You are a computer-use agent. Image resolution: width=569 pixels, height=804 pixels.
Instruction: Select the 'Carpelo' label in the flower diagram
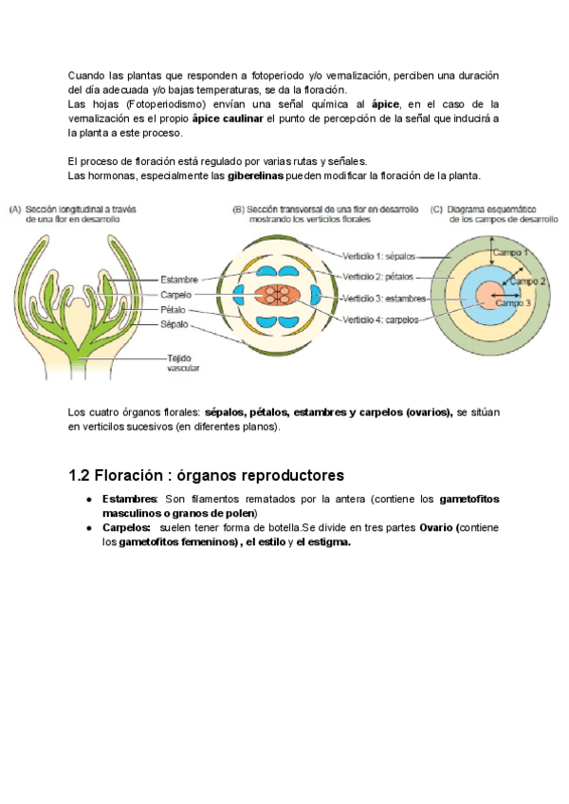176,295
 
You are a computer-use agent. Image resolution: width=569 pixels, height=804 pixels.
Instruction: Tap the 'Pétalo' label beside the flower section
174,310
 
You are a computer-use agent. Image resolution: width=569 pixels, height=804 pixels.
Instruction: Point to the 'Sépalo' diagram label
174,324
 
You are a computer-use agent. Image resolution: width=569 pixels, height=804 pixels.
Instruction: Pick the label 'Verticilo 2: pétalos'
377,277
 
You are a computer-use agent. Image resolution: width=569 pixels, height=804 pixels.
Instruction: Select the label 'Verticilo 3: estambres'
384,299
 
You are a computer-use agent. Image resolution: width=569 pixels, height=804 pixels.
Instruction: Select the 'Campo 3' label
514,302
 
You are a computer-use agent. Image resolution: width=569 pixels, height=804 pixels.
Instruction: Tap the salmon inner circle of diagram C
489,295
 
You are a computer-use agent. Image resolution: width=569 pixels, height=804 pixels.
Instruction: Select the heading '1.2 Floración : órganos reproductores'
206,474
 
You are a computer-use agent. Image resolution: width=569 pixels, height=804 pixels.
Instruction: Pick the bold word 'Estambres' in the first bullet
130,499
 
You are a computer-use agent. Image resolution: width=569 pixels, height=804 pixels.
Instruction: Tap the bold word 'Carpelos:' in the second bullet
127,527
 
